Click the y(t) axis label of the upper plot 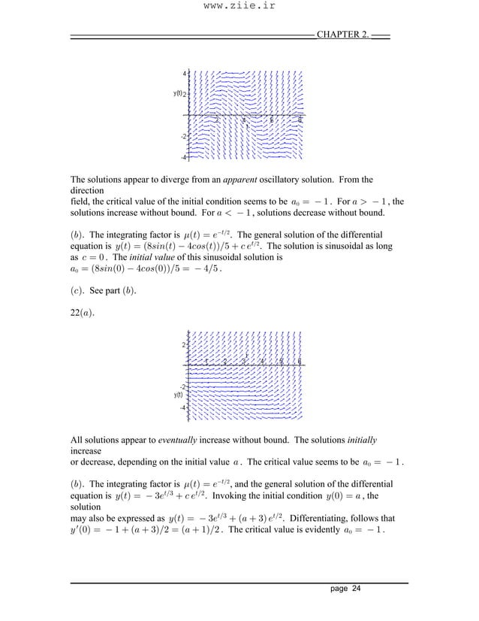pyautogui.click(x=179, y=93)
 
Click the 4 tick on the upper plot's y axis pyautogui.click(x=185, y=73)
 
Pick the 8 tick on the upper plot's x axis pyautogui.click(x=300, y=120)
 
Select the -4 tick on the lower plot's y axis pyautogui.click(x=182, y=407)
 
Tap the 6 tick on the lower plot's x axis pyautogui.click(x=299, y=361)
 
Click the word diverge pyautogui.click(x=188, y=180)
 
